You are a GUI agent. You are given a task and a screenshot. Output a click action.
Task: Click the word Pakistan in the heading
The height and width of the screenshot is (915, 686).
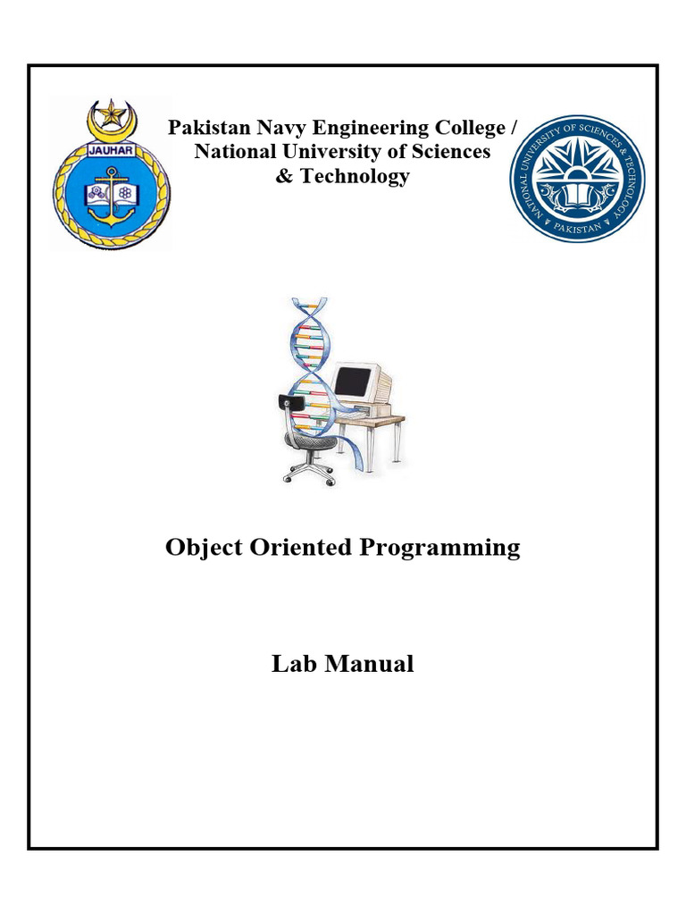pos(209,127)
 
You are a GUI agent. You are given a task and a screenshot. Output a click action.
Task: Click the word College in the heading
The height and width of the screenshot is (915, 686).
pos(471,129)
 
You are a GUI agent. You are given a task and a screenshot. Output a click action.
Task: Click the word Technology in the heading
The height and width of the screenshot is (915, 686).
pos(355,176)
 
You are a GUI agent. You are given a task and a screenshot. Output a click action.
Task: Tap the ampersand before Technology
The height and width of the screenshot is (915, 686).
pos(284,176)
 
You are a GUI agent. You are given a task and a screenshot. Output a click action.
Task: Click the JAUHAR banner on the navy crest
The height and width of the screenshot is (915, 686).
pos(111,150)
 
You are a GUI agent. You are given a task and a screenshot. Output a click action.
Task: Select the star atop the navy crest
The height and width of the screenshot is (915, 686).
pos(110,113)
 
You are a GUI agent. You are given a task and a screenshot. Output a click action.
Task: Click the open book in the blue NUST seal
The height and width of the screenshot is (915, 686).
pos(577,196)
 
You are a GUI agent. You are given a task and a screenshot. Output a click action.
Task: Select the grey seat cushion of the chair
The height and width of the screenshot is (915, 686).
pos(312,441)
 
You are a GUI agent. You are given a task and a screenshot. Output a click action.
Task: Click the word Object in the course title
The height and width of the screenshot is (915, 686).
pos(204,549)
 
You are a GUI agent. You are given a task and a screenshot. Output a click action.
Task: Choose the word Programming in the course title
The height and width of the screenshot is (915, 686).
pos(439,549)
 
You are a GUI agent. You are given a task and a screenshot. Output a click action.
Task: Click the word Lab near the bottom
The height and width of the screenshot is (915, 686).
pos(294,664)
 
